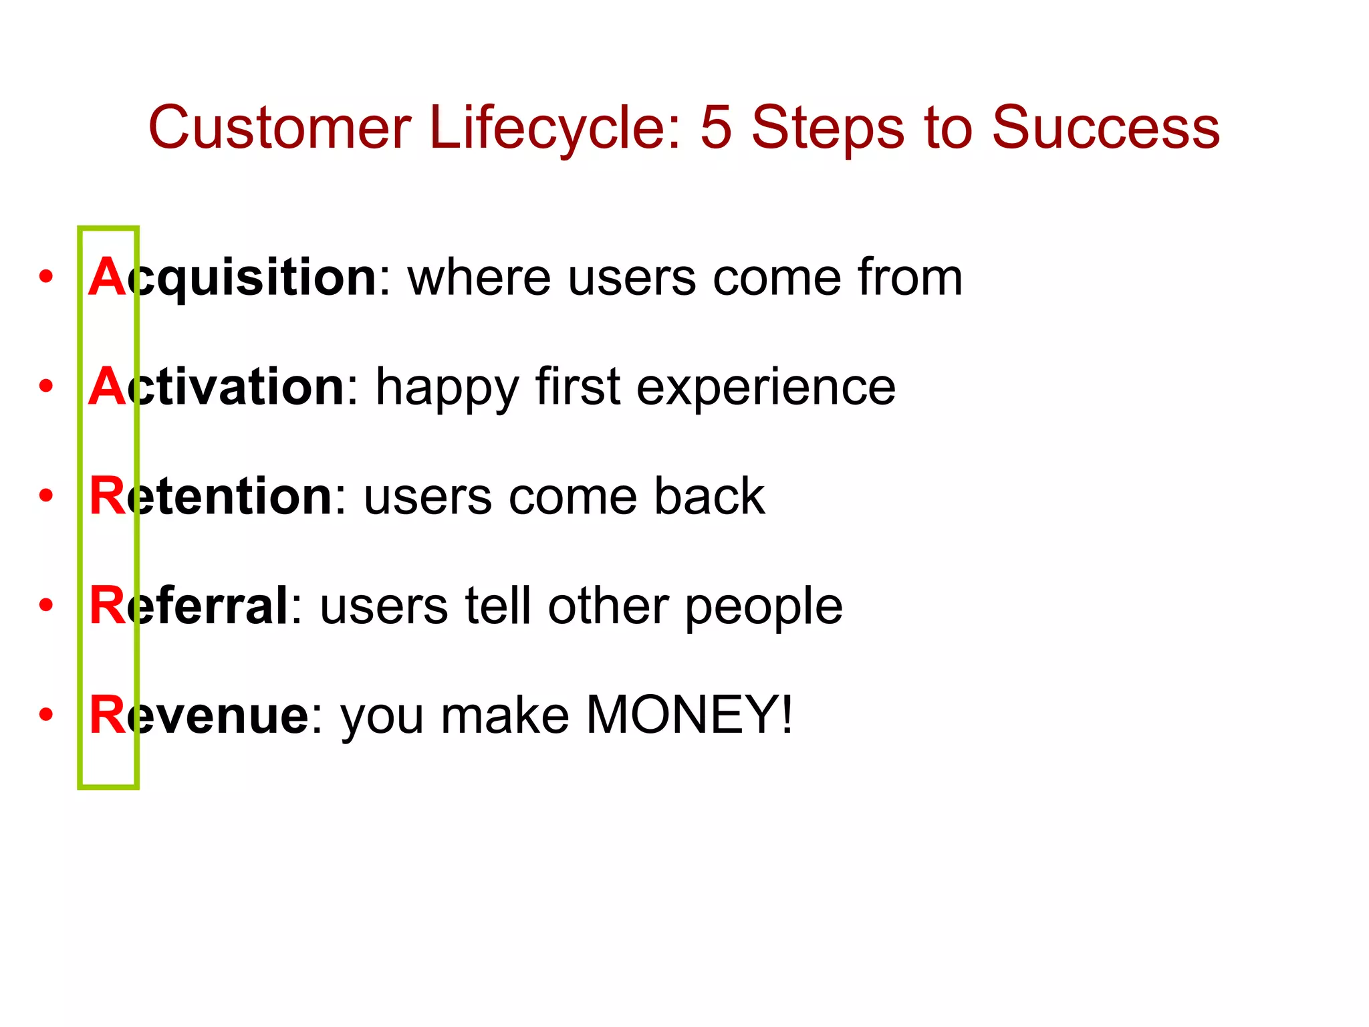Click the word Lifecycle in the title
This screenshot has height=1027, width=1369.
553,129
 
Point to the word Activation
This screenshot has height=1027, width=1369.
217,387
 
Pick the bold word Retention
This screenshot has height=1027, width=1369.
211,497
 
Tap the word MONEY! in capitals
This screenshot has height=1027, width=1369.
689,715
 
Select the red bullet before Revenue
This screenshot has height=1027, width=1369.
45,715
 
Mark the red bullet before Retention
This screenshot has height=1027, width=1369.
45,495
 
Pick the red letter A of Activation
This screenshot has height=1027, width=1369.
107,387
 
